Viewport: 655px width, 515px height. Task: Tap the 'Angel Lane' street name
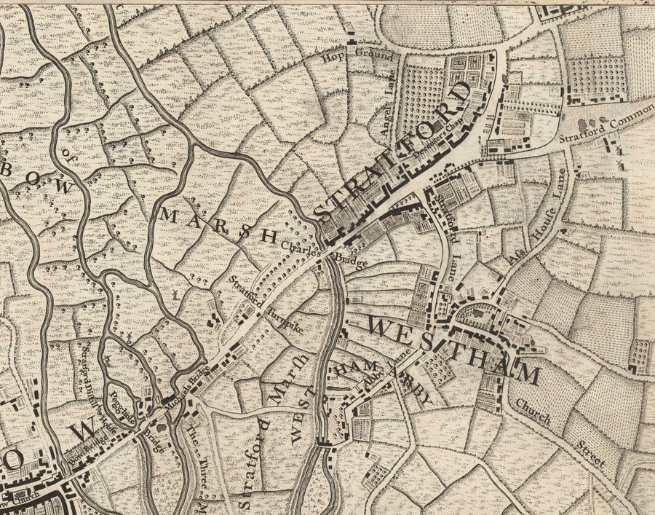[x=386, y=110]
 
